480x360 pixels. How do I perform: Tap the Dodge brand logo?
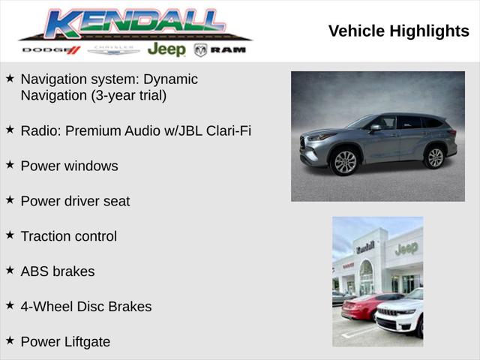[51, 50]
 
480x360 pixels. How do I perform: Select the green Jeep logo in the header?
[166, 49]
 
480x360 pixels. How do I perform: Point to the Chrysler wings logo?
[113, 50]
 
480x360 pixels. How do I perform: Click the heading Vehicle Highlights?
[398, 31]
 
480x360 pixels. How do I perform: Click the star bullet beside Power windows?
[10, 164]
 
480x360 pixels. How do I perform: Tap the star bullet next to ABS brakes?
[10, 270]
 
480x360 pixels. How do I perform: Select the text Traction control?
[68, 236]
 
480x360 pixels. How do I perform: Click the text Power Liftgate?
[65, 342]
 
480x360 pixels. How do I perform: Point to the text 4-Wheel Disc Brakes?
[85, 307]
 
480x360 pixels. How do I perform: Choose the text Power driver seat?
[75, 201]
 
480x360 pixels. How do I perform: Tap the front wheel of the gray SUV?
[344, 162]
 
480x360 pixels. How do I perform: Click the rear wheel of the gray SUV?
[434, 157]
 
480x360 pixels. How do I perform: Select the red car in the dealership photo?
[364, 306]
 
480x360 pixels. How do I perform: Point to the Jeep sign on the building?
[406, 249]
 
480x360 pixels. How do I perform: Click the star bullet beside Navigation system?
[10, 78]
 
